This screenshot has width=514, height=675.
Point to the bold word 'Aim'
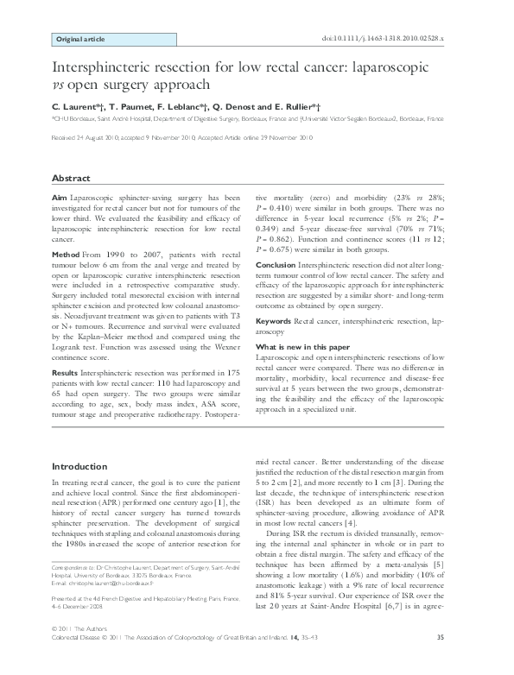[60, 198]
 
